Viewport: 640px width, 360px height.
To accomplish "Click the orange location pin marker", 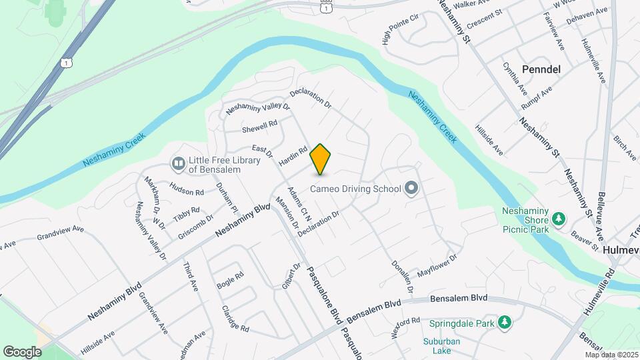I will click(321, 159).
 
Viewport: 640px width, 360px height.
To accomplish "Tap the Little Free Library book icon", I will click(178, 163).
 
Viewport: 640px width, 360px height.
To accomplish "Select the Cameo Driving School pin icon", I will click(411, 189).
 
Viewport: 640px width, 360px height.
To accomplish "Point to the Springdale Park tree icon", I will click(505, 323).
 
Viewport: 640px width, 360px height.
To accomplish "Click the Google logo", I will click(22, 351).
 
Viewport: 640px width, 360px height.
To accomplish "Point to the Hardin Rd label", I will click(292, 157).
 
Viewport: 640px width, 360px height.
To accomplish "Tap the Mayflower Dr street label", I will click(437, 265).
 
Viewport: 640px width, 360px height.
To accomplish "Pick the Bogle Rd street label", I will click(230, 279).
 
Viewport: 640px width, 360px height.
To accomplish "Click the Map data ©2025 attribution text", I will click(611, 354).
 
